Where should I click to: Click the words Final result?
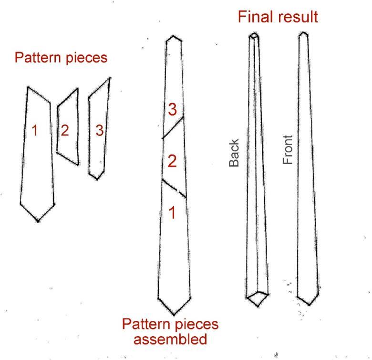pos(278,18)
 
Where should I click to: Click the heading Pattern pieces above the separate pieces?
pos(61,58)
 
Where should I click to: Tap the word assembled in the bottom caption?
pos(170,339)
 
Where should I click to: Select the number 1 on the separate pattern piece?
pos(34,130)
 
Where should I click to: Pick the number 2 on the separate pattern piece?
pos(65,130)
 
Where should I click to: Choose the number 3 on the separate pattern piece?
pos(99,130)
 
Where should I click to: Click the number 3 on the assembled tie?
pos(172,110)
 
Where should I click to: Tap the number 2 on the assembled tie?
pos(172,161)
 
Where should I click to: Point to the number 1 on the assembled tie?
pos(172,212)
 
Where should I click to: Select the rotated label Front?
pos(288,150)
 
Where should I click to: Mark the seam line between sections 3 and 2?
pos(173,127)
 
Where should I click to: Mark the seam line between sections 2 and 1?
pos(174,189)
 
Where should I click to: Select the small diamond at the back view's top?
pos(254,36)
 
